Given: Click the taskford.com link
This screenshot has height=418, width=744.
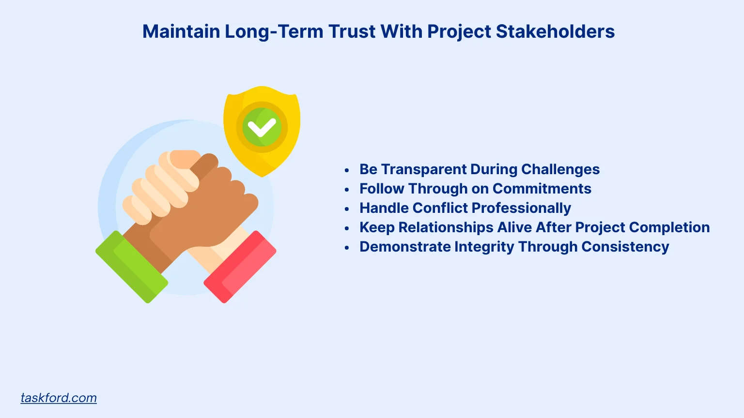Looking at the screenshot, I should pos(59,398).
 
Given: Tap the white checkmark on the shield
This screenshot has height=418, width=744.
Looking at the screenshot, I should pos(262,128).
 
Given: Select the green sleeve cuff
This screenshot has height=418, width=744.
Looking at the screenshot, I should pos(131,267).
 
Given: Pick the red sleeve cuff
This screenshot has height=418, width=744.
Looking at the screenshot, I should pos(240,267).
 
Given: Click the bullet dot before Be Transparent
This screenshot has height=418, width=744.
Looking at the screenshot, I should pos(347,170).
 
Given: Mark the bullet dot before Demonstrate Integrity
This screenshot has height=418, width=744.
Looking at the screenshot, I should pos(347,248).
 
